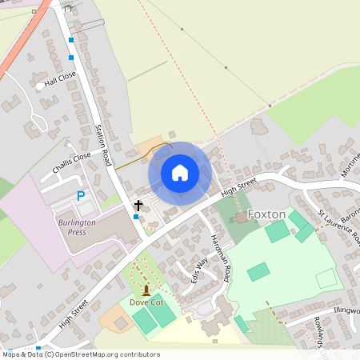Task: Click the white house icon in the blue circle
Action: coord(180,173)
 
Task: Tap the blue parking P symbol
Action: coord(80,196)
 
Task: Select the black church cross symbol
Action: coord(138,206)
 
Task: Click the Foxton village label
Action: coord(266,214)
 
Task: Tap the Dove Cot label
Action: coord(146,302)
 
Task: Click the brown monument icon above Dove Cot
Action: coord(146,290)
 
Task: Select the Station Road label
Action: coord(102,145)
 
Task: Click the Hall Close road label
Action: coord(60,78)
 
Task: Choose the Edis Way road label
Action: coord(199,270)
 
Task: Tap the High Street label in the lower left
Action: coord(73,314)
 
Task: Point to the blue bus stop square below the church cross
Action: coord(136,217)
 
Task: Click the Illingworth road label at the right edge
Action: coord(346,310)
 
